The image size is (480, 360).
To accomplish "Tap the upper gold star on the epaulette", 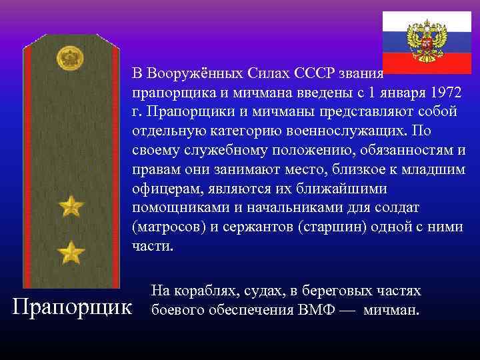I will (71, 207).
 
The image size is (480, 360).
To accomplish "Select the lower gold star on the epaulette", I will (71, 253).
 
